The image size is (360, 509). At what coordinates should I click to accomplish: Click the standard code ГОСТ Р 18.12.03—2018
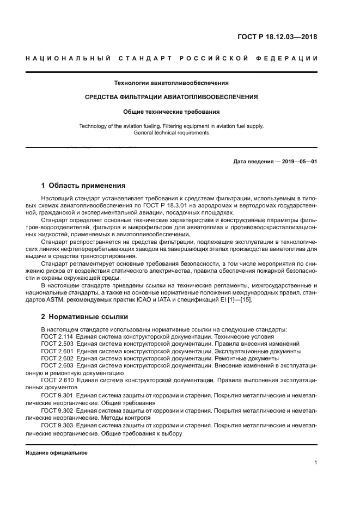pyautogui.click(x=277, y=38)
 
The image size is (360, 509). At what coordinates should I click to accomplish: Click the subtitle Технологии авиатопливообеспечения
pyautogui.click(x=171, y=83)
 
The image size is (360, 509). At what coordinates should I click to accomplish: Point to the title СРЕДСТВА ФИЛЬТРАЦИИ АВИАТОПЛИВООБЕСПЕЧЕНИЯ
pyautogui.click(x=171, y=97)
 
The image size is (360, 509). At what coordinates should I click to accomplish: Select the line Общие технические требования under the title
pyautogui.click(x=171, y=112)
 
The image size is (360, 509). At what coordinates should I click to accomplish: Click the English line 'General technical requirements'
pyautogui.click(x=171, y=133)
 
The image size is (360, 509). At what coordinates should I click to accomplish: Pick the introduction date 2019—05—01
pyautogui.click(x=298, y=162)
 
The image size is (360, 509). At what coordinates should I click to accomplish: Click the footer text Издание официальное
pyautogui.click(x=57, y=452)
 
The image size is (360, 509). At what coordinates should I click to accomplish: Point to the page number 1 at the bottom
pyautogui.click(x=315, y=463)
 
